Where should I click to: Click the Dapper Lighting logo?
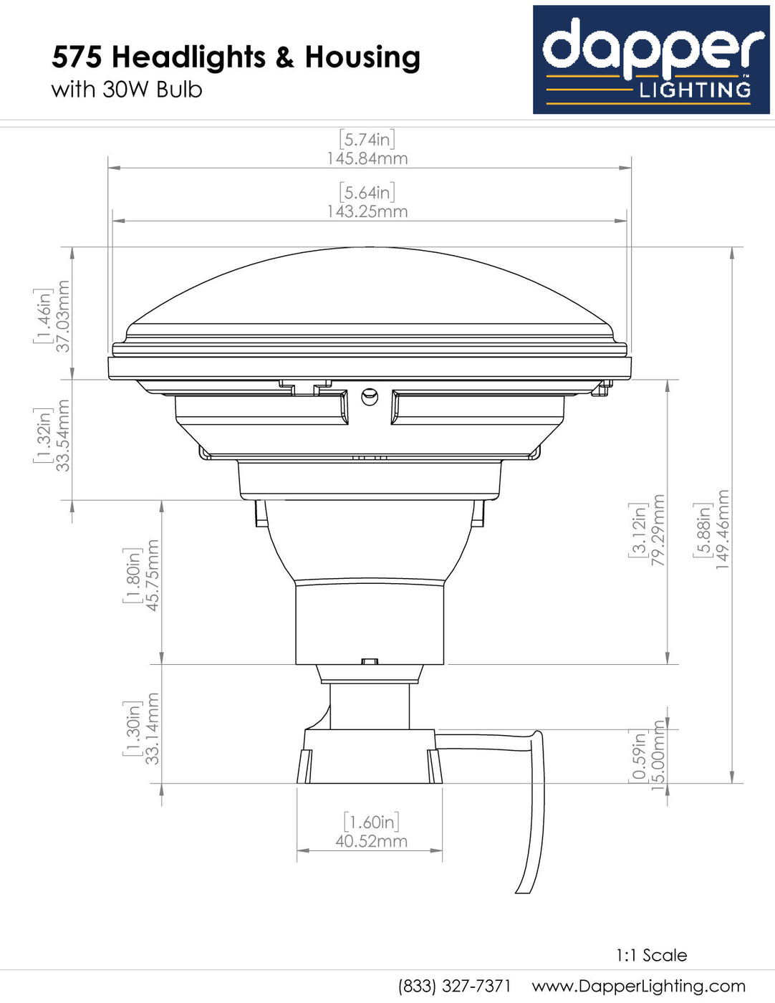tap(650, 59)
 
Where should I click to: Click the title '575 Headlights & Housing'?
tap(236, 57)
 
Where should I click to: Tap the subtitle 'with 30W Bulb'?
tap(127, 90)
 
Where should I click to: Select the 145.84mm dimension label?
tap(367, 158)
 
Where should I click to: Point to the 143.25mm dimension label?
tap(367, 211)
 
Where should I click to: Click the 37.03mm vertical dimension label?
tap(63, 316)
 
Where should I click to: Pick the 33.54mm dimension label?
tap(63, 435)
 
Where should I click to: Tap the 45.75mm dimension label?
tap(152, 575)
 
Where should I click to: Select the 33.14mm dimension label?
tap(152, 728)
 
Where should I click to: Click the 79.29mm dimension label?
tap(658, 530)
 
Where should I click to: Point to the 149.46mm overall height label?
tap(723, 530)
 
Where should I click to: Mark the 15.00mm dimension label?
tap(658, 756)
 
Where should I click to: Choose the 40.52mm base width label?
tap(371, 841)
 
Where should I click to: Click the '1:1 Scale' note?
tap(651, 955)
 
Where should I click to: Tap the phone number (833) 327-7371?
tap(454, 986)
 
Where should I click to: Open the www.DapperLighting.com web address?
tap(638, 986)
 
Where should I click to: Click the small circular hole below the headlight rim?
tap(370, 396)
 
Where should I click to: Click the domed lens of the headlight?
tap(370, 287)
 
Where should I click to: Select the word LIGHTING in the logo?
tap(695, 90)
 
